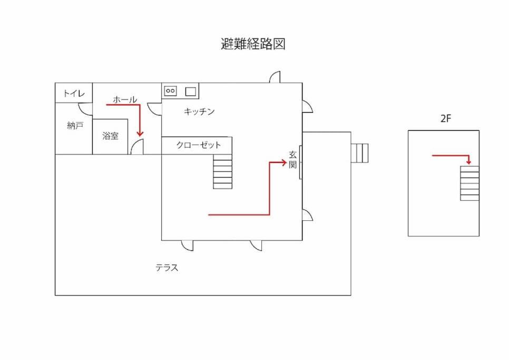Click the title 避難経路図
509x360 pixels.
click(x=253, y=44)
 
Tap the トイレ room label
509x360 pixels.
click(x=74, y=93)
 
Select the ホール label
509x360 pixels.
click(x=125, y=99)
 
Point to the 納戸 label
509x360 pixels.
click(x=75, y=125)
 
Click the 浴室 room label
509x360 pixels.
click(x=110, y=135)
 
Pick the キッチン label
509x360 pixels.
click(x=199, y=111)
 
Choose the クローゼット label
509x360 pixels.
click(x=198, y=145)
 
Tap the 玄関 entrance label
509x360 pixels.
click(x=293, y=160)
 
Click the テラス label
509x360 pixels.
click(x=167, y=267)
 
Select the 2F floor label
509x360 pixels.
click(x=446, y=119)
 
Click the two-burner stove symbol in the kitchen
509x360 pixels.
click(x=170, y=91)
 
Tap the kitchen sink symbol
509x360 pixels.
click(x=191, y=92)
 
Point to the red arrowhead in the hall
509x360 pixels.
click(x=140, y=133)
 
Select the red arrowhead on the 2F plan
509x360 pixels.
click(x=468, y=162)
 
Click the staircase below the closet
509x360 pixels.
click(x=223, y=171)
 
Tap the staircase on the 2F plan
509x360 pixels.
click(x=469, y=183)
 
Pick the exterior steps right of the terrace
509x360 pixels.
click(x=360, y=153)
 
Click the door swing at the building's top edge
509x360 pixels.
click(x=275, y=77)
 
